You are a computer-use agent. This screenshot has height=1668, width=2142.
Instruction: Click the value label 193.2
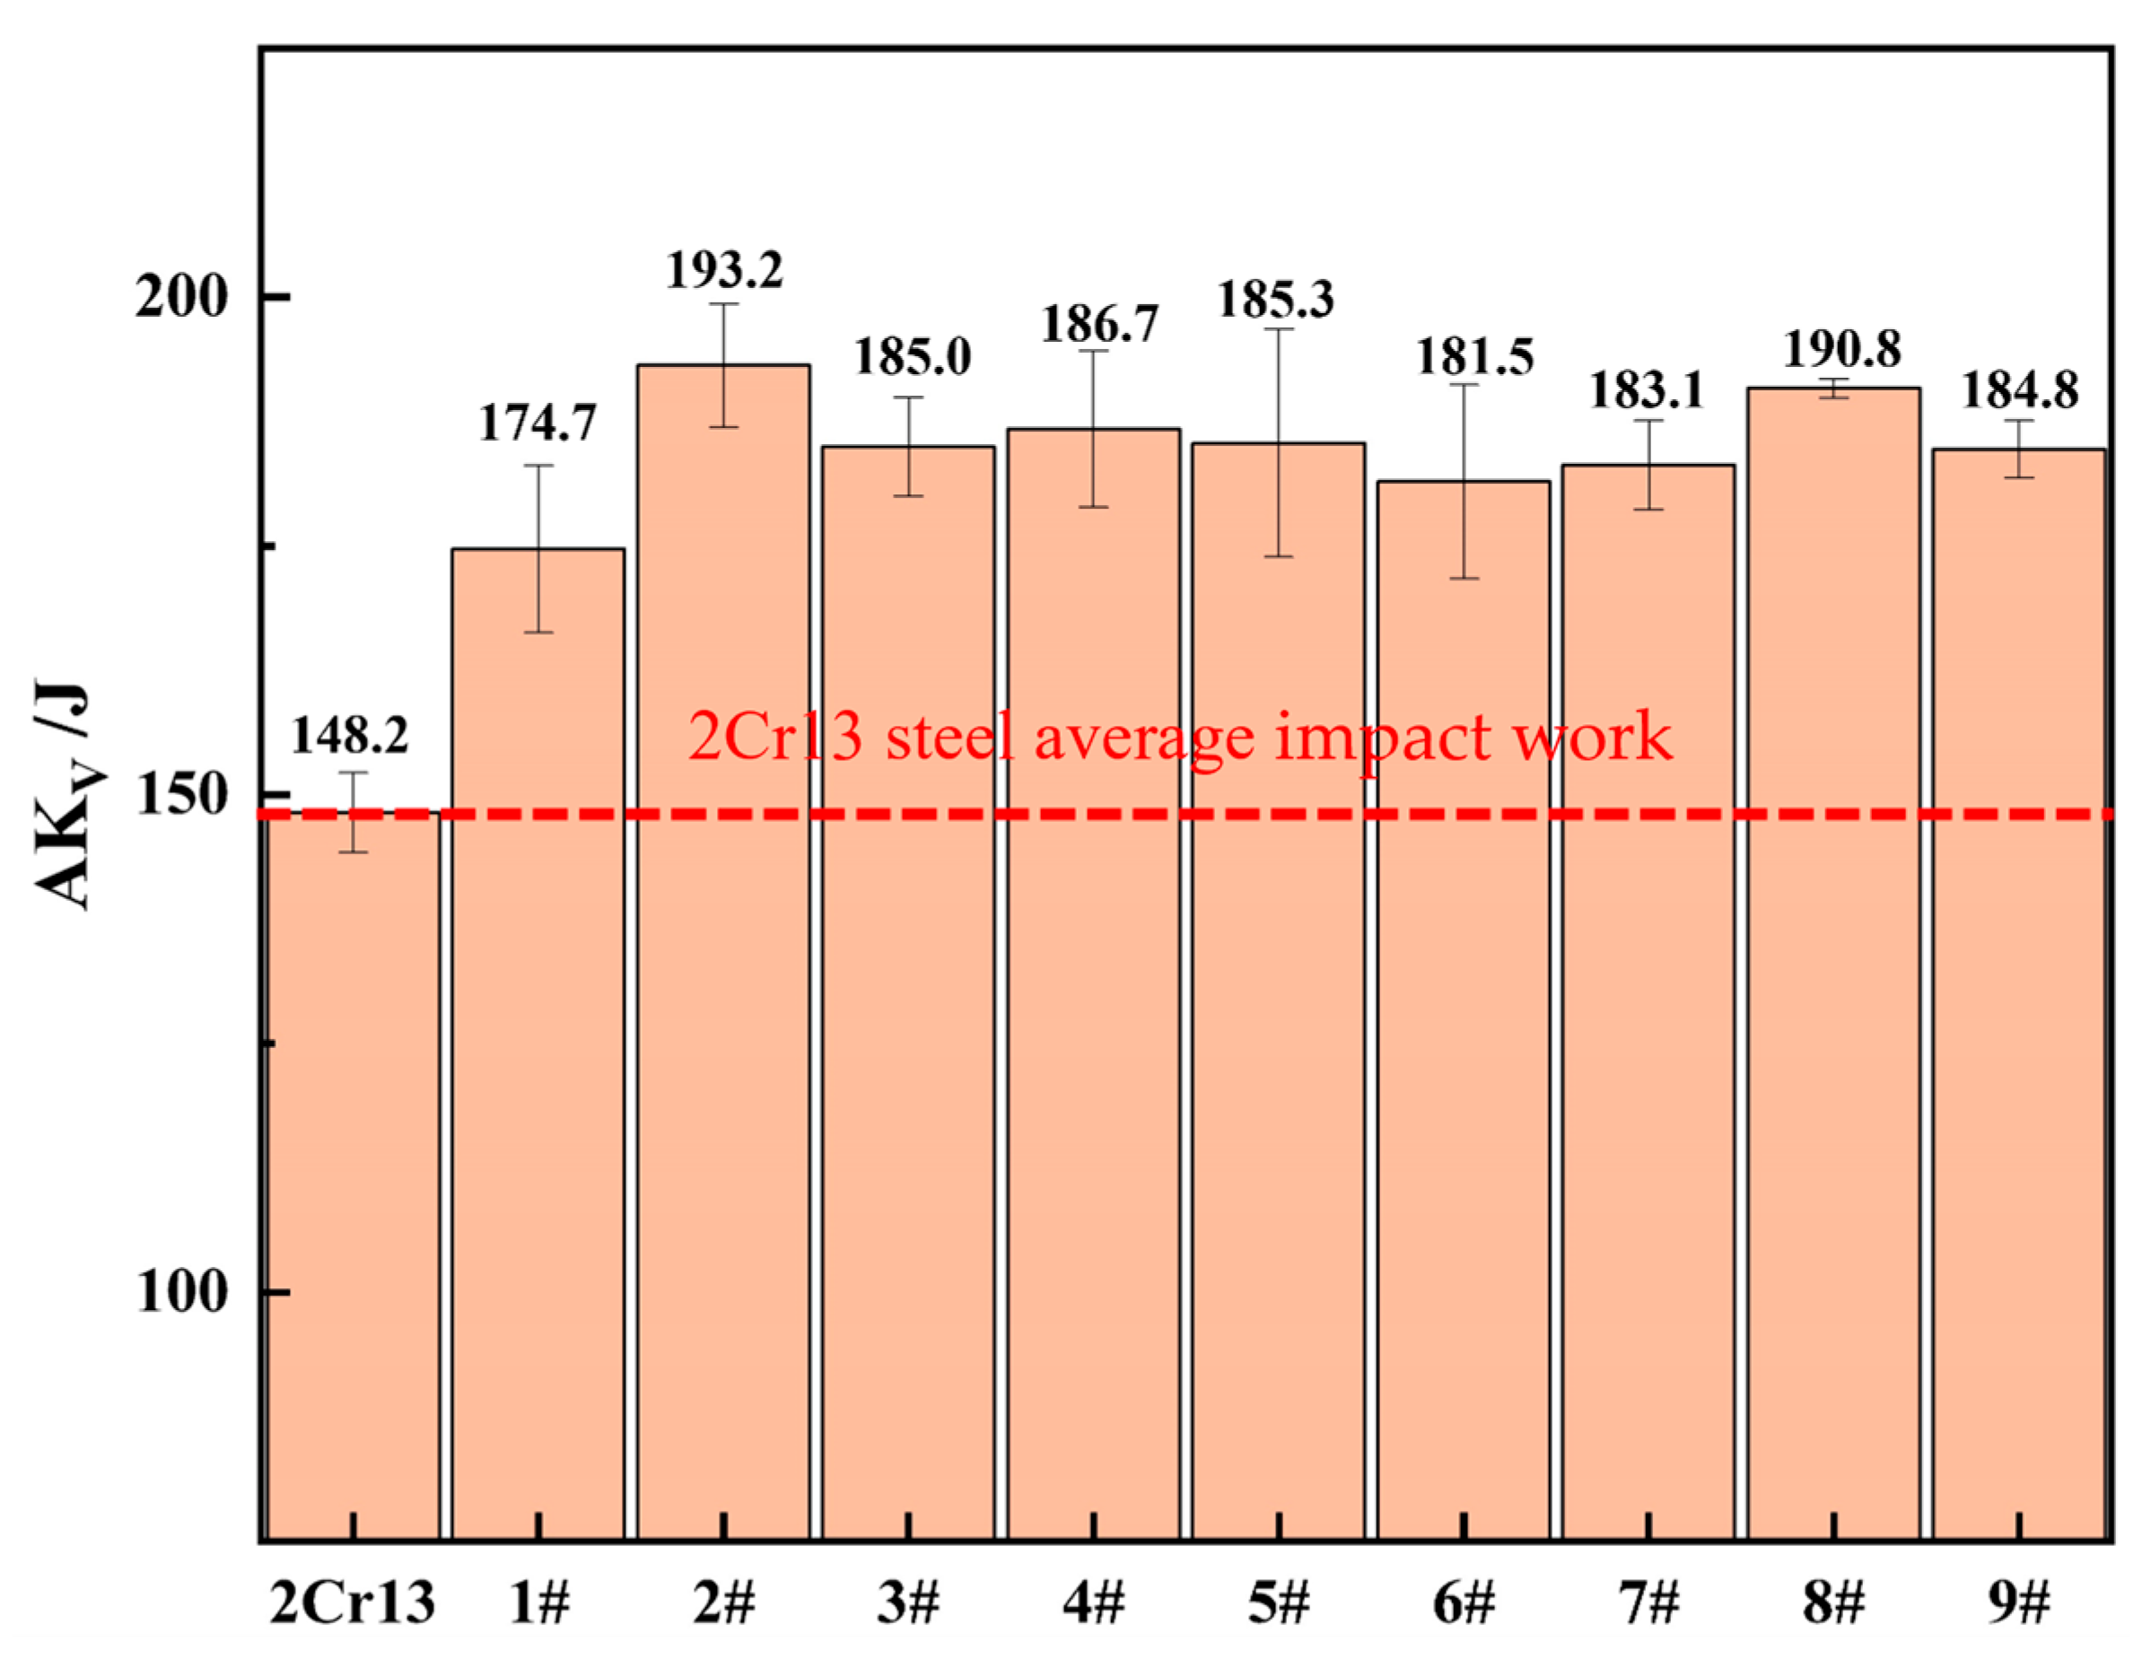click(x=725, y=270)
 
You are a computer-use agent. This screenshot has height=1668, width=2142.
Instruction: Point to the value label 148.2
click(x=349, y=736)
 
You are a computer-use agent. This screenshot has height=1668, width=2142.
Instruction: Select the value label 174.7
click(x=538, y=424)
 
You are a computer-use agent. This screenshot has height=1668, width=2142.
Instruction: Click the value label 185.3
click(x=1275, y=299)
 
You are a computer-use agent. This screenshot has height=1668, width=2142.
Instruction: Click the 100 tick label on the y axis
click(x=182, y=1292)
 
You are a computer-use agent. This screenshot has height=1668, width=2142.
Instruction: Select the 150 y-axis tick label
click(x=182, y=795)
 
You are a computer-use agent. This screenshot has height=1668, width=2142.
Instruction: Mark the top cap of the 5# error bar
click(x=1279, y=328)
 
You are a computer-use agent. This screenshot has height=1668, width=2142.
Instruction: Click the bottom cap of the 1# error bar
click(x=538, y=633)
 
